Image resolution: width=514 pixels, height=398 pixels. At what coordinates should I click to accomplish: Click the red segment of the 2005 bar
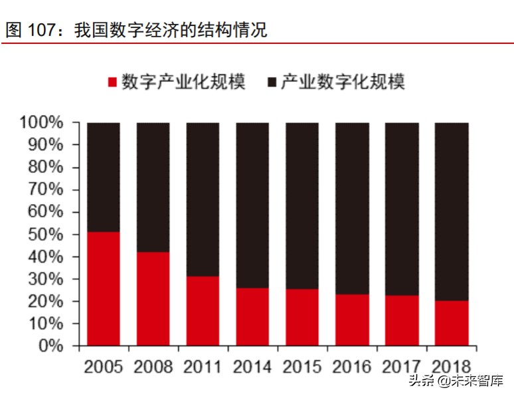click(104, 288)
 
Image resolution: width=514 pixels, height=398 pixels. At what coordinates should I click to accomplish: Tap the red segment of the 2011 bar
click(203, 311)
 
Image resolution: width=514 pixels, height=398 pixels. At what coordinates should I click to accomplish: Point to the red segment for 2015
click(302, 317)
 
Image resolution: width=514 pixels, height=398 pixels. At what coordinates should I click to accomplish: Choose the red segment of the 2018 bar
click(452, 323)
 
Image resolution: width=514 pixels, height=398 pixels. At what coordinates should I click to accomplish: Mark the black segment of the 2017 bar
click(402, 209)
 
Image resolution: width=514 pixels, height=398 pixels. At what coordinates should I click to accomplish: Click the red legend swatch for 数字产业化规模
click(112, 82)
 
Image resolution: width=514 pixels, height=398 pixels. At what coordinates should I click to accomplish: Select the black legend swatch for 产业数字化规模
click(272, 82)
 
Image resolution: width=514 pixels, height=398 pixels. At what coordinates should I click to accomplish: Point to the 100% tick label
click(41, 123)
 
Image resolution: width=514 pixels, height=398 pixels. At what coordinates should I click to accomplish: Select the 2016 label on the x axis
click(352, 366)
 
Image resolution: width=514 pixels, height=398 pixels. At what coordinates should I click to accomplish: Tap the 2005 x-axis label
click(104, 366)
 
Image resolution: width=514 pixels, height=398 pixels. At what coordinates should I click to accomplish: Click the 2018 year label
click(452, 366)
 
